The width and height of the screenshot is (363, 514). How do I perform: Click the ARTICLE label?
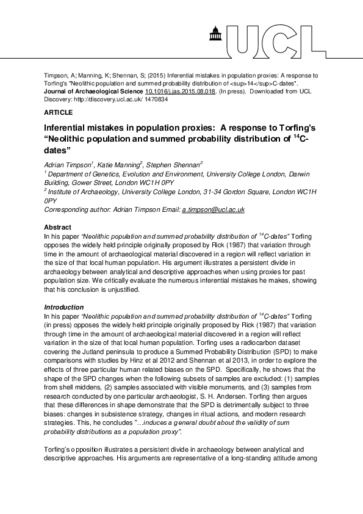pos(59,112)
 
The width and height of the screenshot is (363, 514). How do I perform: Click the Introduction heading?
pos(64,306)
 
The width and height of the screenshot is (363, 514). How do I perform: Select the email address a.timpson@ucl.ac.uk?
pos(214,209)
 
